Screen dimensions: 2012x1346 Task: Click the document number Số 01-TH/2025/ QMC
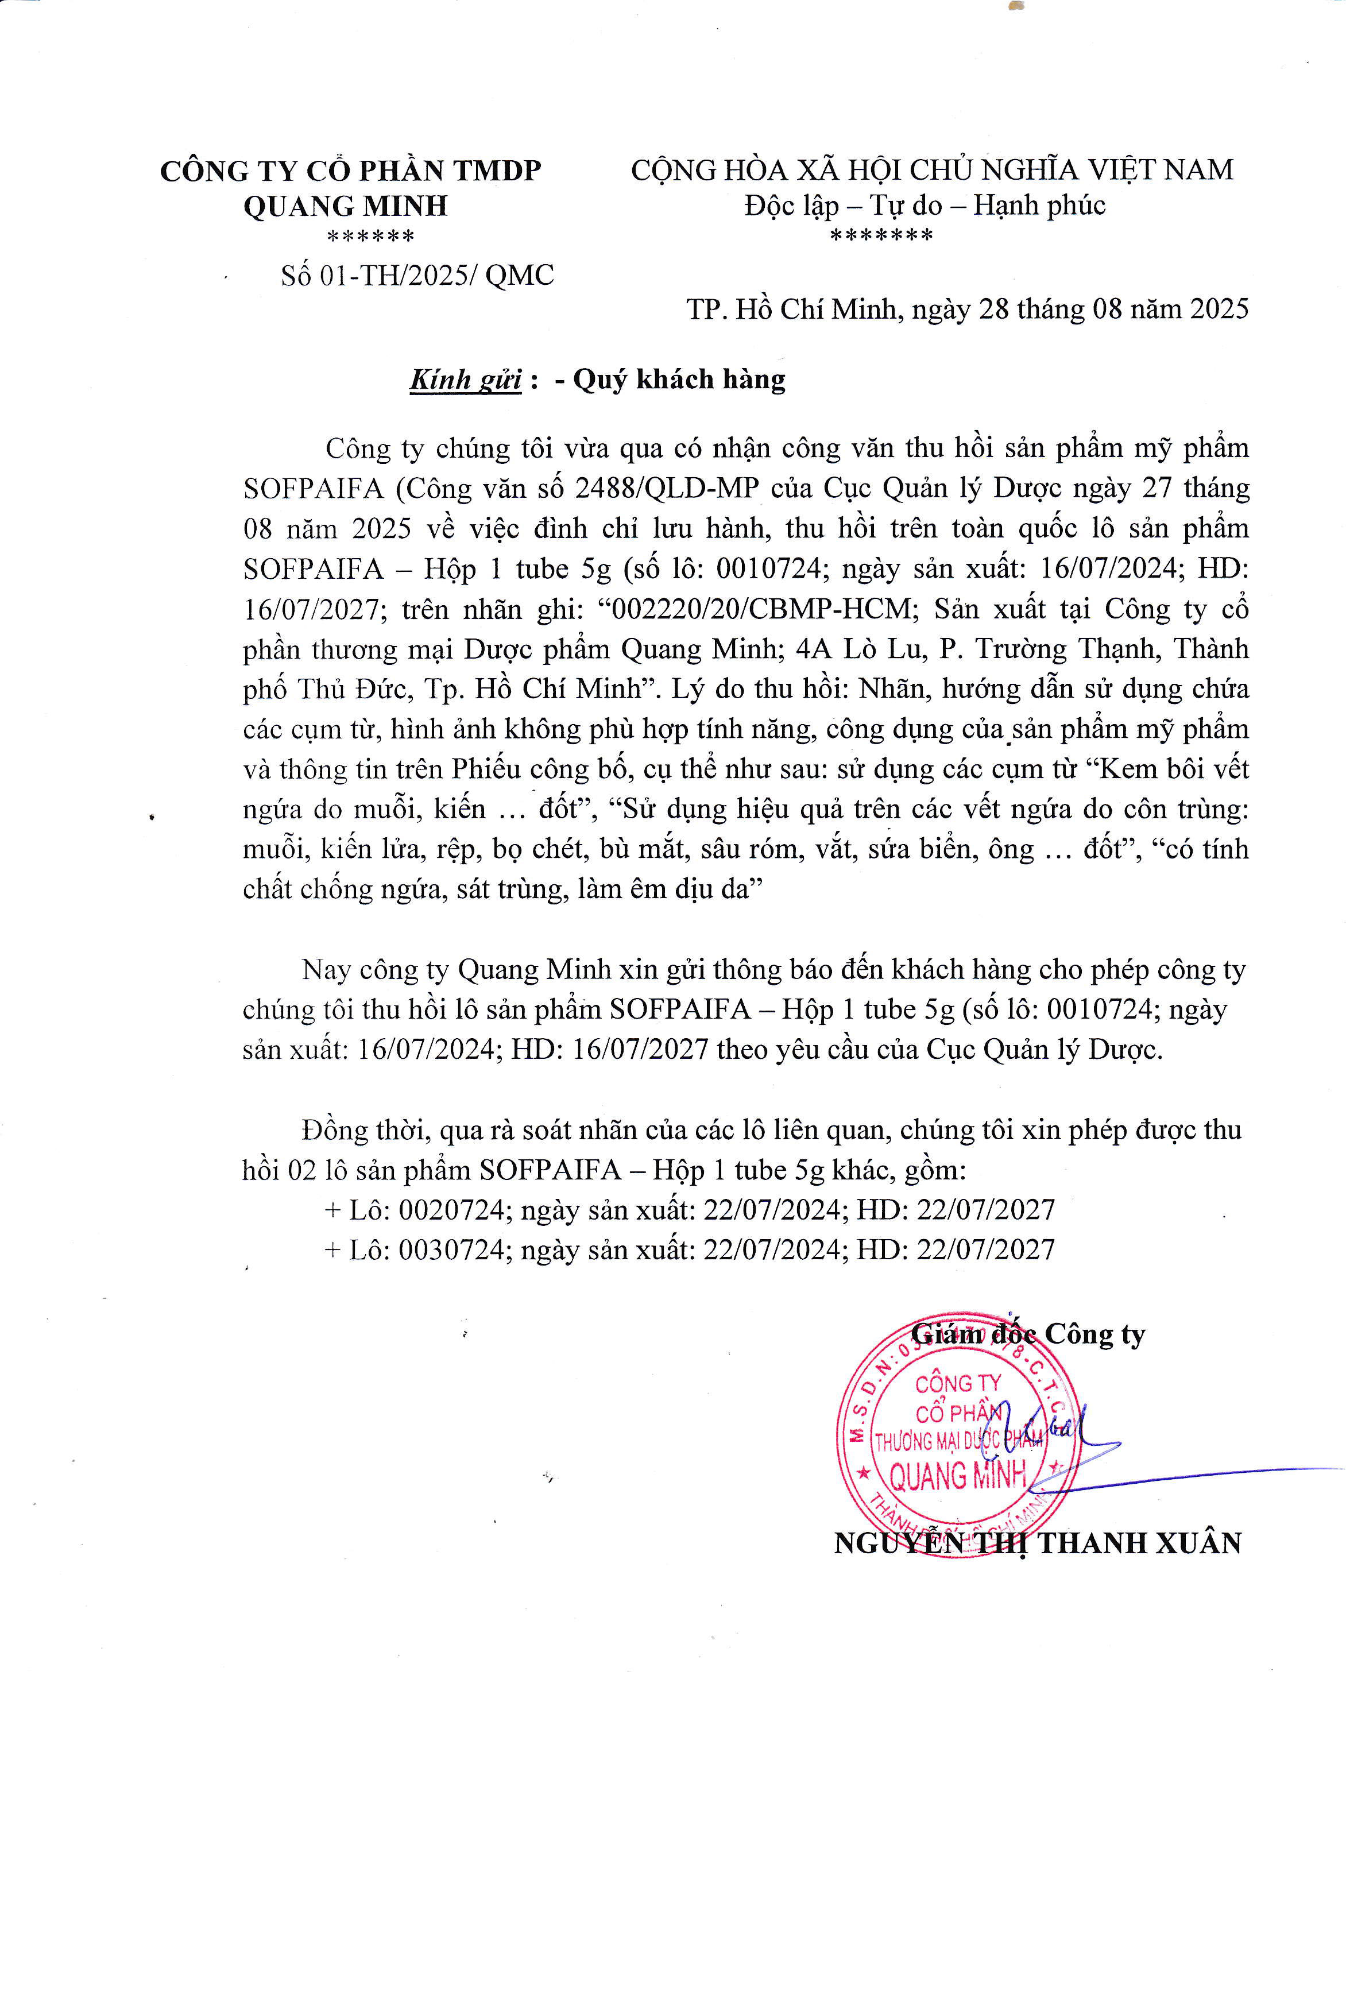(x=417, y=276)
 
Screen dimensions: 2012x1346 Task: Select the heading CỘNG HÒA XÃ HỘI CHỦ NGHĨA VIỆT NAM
(x=931, y=170)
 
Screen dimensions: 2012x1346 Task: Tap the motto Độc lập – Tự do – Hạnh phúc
(x=925, y=205)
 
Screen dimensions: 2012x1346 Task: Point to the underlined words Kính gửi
(x=465, y=380)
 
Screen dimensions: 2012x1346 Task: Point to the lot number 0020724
(x=451, y=1209)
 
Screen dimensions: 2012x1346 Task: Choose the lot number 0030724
(x=451, y=1250)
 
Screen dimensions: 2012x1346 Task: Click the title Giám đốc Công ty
(x=1027, y=1335)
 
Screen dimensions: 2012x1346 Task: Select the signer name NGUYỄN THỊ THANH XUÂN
(x=1037, y=1543)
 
